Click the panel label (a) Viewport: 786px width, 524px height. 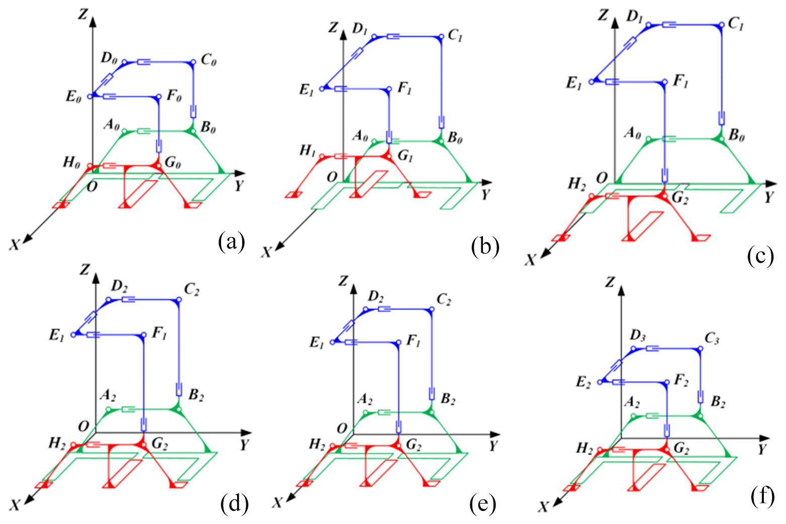pos(231,242)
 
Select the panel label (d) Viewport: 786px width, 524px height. pos(235,503)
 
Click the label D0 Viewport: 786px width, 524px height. pos(109,58)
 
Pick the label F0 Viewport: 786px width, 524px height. pos(174,96)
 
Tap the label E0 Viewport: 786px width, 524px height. pos(74,97)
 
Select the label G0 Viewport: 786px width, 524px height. pos(173,164)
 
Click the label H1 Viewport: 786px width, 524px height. pos(307,151)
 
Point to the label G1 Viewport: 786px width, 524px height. pos(405,156)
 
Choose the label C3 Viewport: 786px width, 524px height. pos(711,339)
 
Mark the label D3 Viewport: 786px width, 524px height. pos(637,336)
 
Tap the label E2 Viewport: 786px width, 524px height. pos(584,383)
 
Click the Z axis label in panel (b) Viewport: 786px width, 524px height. pos(332,27)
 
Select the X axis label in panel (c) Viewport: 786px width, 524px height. pos(530,260)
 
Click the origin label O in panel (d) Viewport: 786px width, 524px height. pos(84,426)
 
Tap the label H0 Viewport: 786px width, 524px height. pos(71,162)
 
